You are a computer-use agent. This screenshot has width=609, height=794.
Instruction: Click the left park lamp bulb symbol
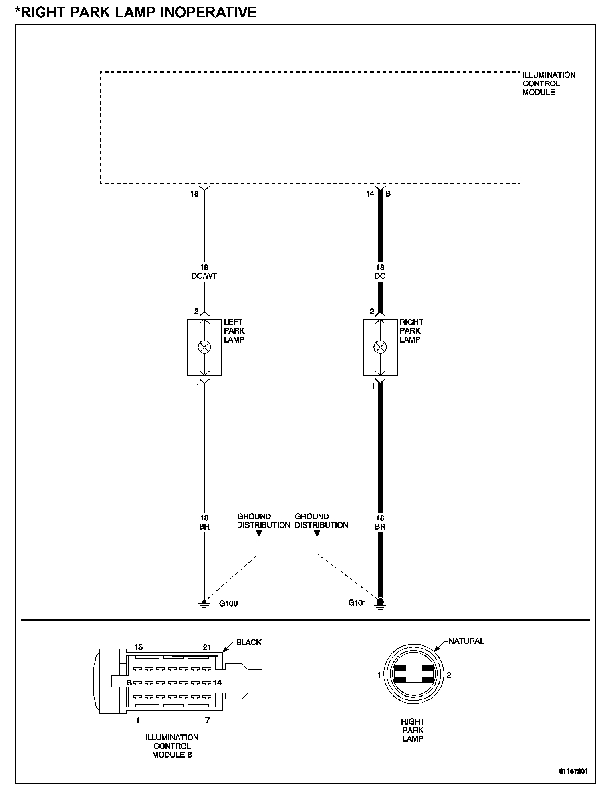[x=204, y=347]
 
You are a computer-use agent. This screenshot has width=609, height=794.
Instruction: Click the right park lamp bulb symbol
[x=380, y=347]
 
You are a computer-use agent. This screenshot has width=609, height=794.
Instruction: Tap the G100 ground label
[x=228, y=603]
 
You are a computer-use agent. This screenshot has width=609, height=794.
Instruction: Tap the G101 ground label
[x=357, y=603]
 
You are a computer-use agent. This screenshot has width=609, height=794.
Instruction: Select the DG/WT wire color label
[x=204, y=276]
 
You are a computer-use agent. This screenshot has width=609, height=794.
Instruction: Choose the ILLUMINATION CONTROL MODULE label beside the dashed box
[x=549, y=83]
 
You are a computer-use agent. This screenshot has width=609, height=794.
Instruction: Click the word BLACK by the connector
[x=249, y=642]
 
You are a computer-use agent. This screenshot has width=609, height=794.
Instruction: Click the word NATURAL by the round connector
[x=466, y=641]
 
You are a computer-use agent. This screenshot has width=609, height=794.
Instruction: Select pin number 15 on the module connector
[x=138, y=647]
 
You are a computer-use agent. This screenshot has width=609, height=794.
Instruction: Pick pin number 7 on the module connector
[x=207, y=720]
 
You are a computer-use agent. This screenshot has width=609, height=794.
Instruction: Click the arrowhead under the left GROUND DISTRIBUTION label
[x=259, y=534]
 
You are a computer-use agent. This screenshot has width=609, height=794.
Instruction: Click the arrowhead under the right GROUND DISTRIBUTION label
[x=317, y=534]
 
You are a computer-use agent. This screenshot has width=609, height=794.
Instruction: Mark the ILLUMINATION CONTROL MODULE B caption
[x=172, y=746]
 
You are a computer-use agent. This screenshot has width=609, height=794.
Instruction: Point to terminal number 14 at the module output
[x=370, y=194]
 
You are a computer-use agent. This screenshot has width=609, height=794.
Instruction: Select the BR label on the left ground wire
[x=204, y=527]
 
